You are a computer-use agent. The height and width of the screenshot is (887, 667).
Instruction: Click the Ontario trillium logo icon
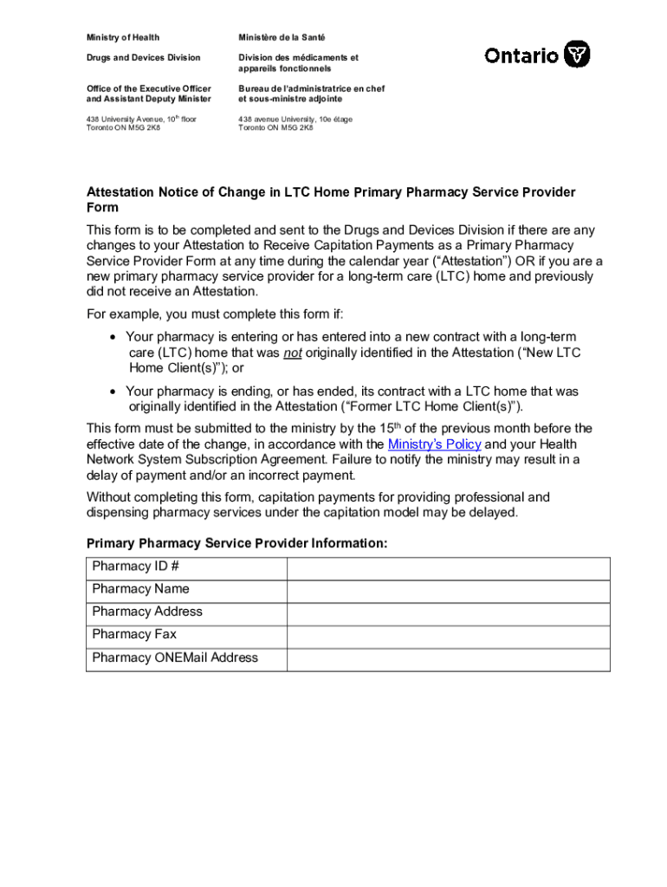[577, 55]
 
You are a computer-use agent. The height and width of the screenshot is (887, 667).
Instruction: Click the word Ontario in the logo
[521, 56]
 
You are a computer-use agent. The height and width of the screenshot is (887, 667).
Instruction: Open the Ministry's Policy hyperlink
[434, 444]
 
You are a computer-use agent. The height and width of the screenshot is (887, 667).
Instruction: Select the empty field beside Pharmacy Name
[448, 590]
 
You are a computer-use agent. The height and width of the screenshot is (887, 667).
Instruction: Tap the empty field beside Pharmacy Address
[448, 612]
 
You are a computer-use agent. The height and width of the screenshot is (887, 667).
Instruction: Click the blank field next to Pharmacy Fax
[448, 635]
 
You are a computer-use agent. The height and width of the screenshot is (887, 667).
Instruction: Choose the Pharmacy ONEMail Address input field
[448, 658]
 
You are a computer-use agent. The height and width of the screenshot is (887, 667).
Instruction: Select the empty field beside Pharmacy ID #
[448, 567]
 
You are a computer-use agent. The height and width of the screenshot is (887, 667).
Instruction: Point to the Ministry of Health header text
[122, 37]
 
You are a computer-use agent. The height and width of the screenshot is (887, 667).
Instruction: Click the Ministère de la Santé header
[283, 37]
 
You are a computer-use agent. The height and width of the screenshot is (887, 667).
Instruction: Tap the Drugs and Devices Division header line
[143, 57]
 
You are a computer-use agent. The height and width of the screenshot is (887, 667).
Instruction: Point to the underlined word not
[293, 353]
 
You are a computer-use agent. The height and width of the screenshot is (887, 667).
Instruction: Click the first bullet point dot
[113, 337]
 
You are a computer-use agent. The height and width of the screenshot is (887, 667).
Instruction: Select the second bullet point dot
[113, 392]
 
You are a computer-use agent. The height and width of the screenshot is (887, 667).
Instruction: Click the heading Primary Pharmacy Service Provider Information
[236, 543]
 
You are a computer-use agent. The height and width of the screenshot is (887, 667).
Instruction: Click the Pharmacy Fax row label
[134, 634]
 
